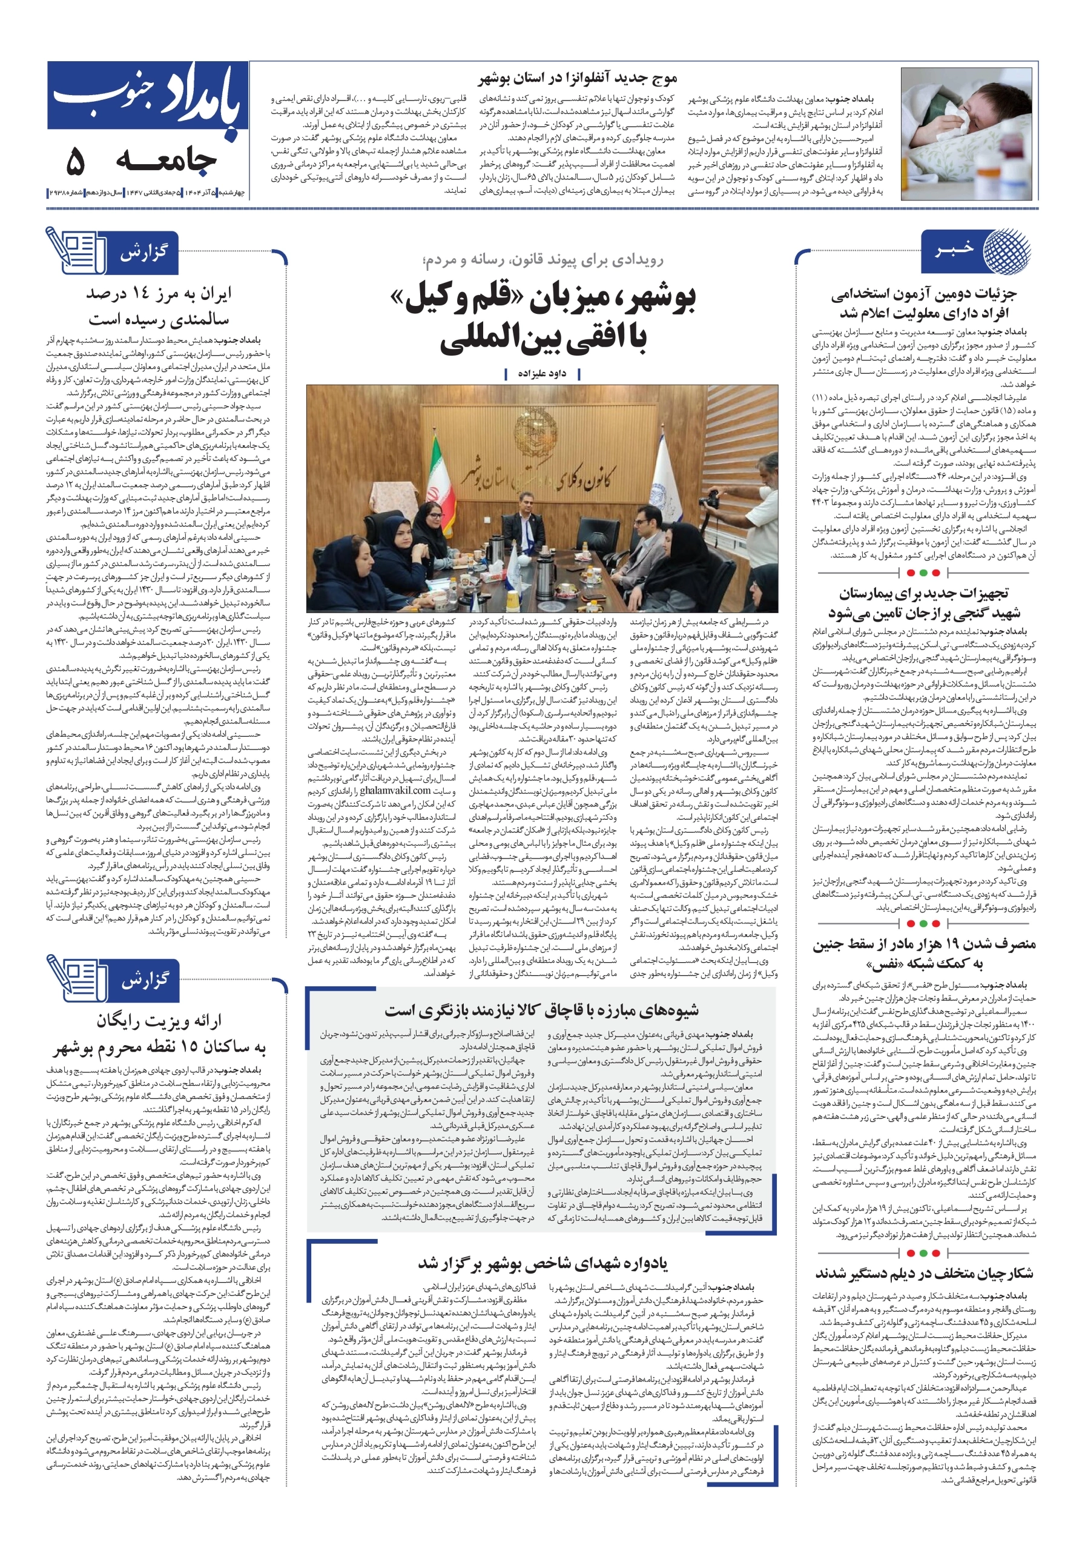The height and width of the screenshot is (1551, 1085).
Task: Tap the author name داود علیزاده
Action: (x=541, y=373)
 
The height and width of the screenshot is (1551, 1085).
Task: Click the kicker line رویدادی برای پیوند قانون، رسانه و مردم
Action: (x=542, y=260)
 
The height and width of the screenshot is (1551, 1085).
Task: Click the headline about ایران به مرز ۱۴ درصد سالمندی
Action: (x=159, y=306)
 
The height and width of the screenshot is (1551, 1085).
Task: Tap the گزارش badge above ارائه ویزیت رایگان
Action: (x=144, y=980)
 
